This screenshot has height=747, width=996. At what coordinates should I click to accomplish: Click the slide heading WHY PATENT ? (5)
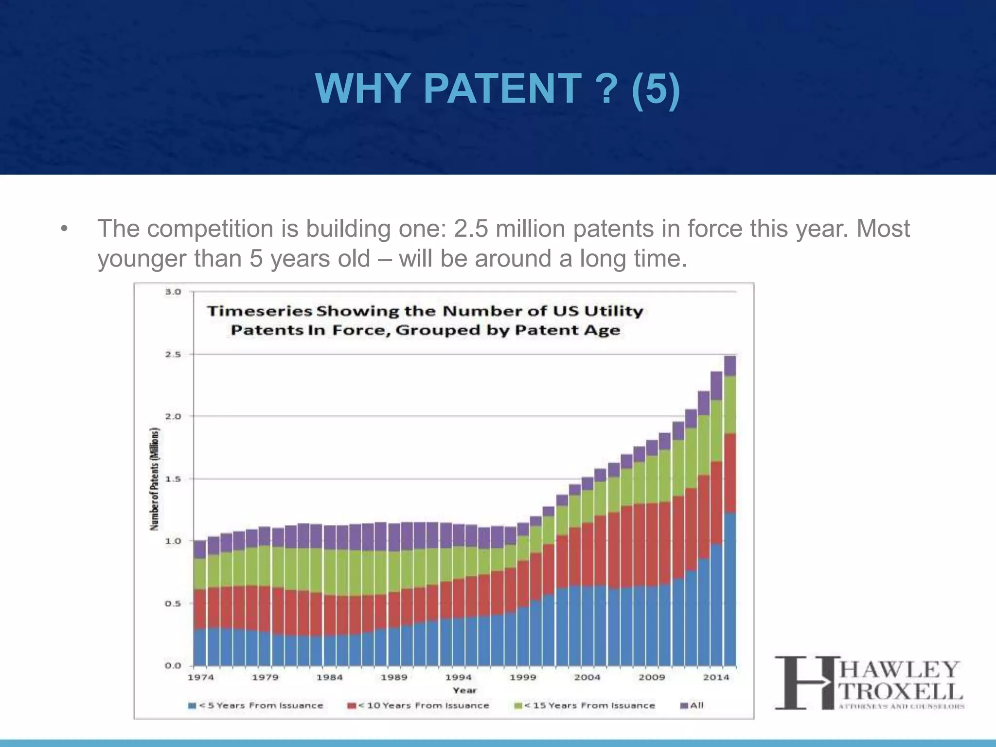(x=497, y=89)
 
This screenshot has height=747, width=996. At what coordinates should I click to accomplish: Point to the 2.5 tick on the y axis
(x=173, y=355)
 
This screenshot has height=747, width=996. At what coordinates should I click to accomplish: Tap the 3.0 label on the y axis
(x=173, y=292)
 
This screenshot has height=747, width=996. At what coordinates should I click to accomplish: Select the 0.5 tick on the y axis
(x=173, y=604)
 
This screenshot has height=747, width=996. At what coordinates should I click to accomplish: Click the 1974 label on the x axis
(x=200, y=677)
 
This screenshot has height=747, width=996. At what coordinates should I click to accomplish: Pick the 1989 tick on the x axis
(x=393, y=677)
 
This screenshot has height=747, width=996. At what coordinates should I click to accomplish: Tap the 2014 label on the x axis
(x=716, y=677)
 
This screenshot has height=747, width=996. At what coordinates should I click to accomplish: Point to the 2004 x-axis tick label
(x=587, y=677)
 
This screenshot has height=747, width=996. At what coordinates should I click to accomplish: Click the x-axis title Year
(x=464, y=690)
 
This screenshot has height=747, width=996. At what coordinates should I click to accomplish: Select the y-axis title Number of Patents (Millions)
(x=155, y=479)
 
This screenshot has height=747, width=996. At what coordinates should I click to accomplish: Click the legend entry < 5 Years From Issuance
(x=256, y=706)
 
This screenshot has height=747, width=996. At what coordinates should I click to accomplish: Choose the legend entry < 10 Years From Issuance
(x=418, y=706)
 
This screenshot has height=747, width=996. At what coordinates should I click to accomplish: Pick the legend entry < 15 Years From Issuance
(x=585, y=706)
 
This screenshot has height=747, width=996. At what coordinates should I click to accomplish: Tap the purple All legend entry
(x=692, y=706)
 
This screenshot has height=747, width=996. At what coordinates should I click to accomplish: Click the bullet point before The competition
(x=64, y=229)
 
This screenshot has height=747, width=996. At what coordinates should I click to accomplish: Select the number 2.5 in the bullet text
(x=471, y=229)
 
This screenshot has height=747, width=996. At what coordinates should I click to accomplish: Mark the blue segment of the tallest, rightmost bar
(x=730, y=588)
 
